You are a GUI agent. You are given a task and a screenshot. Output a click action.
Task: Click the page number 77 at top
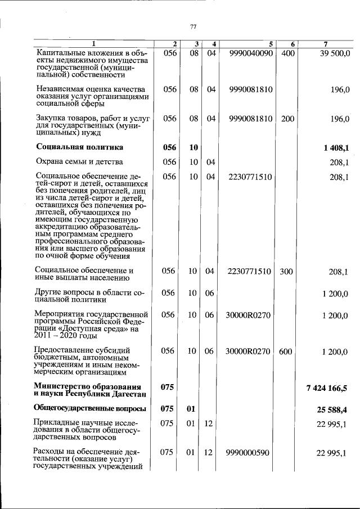pyautogui.click(x=193, y=27)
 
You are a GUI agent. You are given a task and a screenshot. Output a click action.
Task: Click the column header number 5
pyautogui.click(x=270, y=44)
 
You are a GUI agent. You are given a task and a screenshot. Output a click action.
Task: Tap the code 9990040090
pyautogui.click(x=251, y=53)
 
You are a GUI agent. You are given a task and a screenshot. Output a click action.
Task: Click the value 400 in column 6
pyautogui.click(x=287, y=53)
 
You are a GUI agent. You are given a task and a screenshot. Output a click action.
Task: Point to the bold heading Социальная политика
pyautogui.click(x=79, y=147)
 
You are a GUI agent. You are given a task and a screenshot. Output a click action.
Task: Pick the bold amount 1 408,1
pyautogui.click(x=336, y=148)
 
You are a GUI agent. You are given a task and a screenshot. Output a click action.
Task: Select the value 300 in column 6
pyautogui.click(x=286, y=272)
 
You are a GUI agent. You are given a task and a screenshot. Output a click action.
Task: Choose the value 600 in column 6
pyautogui.click(x=286, y=352)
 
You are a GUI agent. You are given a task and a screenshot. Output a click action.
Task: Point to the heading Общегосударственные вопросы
pyautogui.click(x=90, y=408)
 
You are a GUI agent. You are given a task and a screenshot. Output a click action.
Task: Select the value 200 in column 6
pyautogui.click(x=287, y=119)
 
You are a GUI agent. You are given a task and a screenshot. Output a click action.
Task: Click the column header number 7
pyautogui.click(x=326, y=44)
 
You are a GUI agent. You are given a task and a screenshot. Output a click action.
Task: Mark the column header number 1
pyautogui.click(x=94, y=44)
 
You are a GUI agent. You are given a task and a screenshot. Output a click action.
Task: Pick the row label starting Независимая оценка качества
pyautogui.click(x=91, y=89)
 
